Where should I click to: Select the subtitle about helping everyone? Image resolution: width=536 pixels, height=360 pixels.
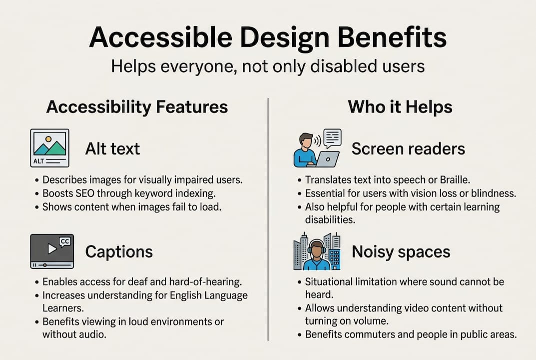pyautogui.click(x=268, y=66)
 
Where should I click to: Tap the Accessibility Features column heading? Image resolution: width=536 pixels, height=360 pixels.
pyautogui.click(x=137, y=106)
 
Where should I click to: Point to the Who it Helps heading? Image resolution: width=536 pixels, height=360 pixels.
pyautogui.click(x=400, y=106)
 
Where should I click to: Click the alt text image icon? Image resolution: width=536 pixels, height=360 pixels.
pyautogui.click(x=49, y=148)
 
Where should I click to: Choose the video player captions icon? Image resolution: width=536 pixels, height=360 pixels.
pyautogui.click(x=52, y=251)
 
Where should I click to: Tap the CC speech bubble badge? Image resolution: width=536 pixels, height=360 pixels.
pyautogui.click(x=65, y=242)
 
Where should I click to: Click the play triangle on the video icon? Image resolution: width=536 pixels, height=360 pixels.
pyautogui.click(x=51, y=248)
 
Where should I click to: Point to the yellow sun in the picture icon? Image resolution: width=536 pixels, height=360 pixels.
pyautogui.click(x=48, y=139)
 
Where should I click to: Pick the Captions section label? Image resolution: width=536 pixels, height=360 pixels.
pyautogui.click(x=119, y=251)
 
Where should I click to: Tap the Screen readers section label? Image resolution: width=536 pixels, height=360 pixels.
pyautogui.click(x=408, y=148)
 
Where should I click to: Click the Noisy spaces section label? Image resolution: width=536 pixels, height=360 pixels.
pyautogui.click(x=401, y=251)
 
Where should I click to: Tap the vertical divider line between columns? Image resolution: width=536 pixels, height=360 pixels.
pyautogui.click(x=268, y=220)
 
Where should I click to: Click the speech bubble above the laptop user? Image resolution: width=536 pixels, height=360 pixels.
pyautogui.click(x=332, y=137)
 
